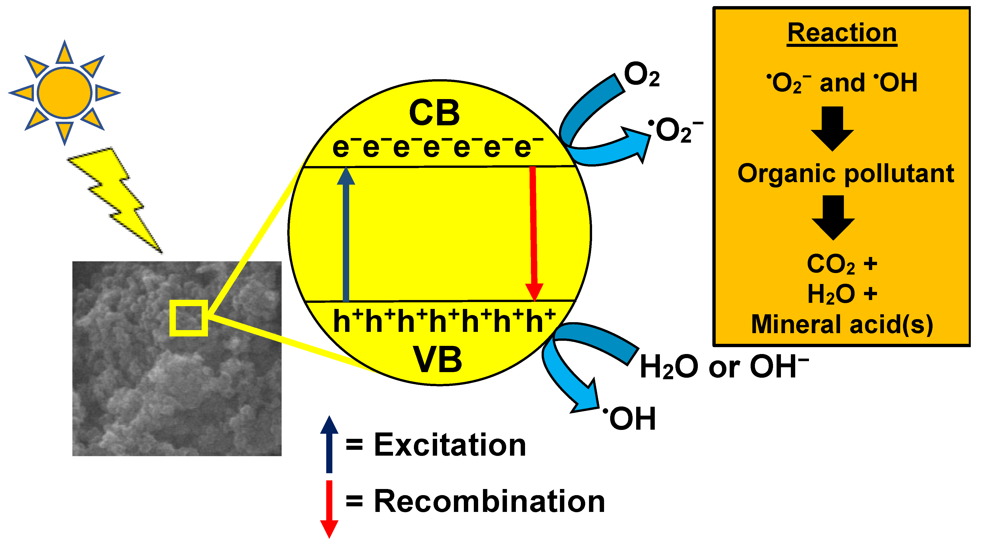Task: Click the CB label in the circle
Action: (435, 113)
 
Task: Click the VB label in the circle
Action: (438, 360)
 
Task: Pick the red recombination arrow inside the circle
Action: (533, 232)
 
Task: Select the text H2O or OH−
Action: (724, 367)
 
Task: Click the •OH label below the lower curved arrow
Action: (630, 418)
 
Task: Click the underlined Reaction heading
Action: (842, 33)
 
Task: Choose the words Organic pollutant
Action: (845, 174)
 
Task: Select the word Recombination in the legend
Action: (489, 501)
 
